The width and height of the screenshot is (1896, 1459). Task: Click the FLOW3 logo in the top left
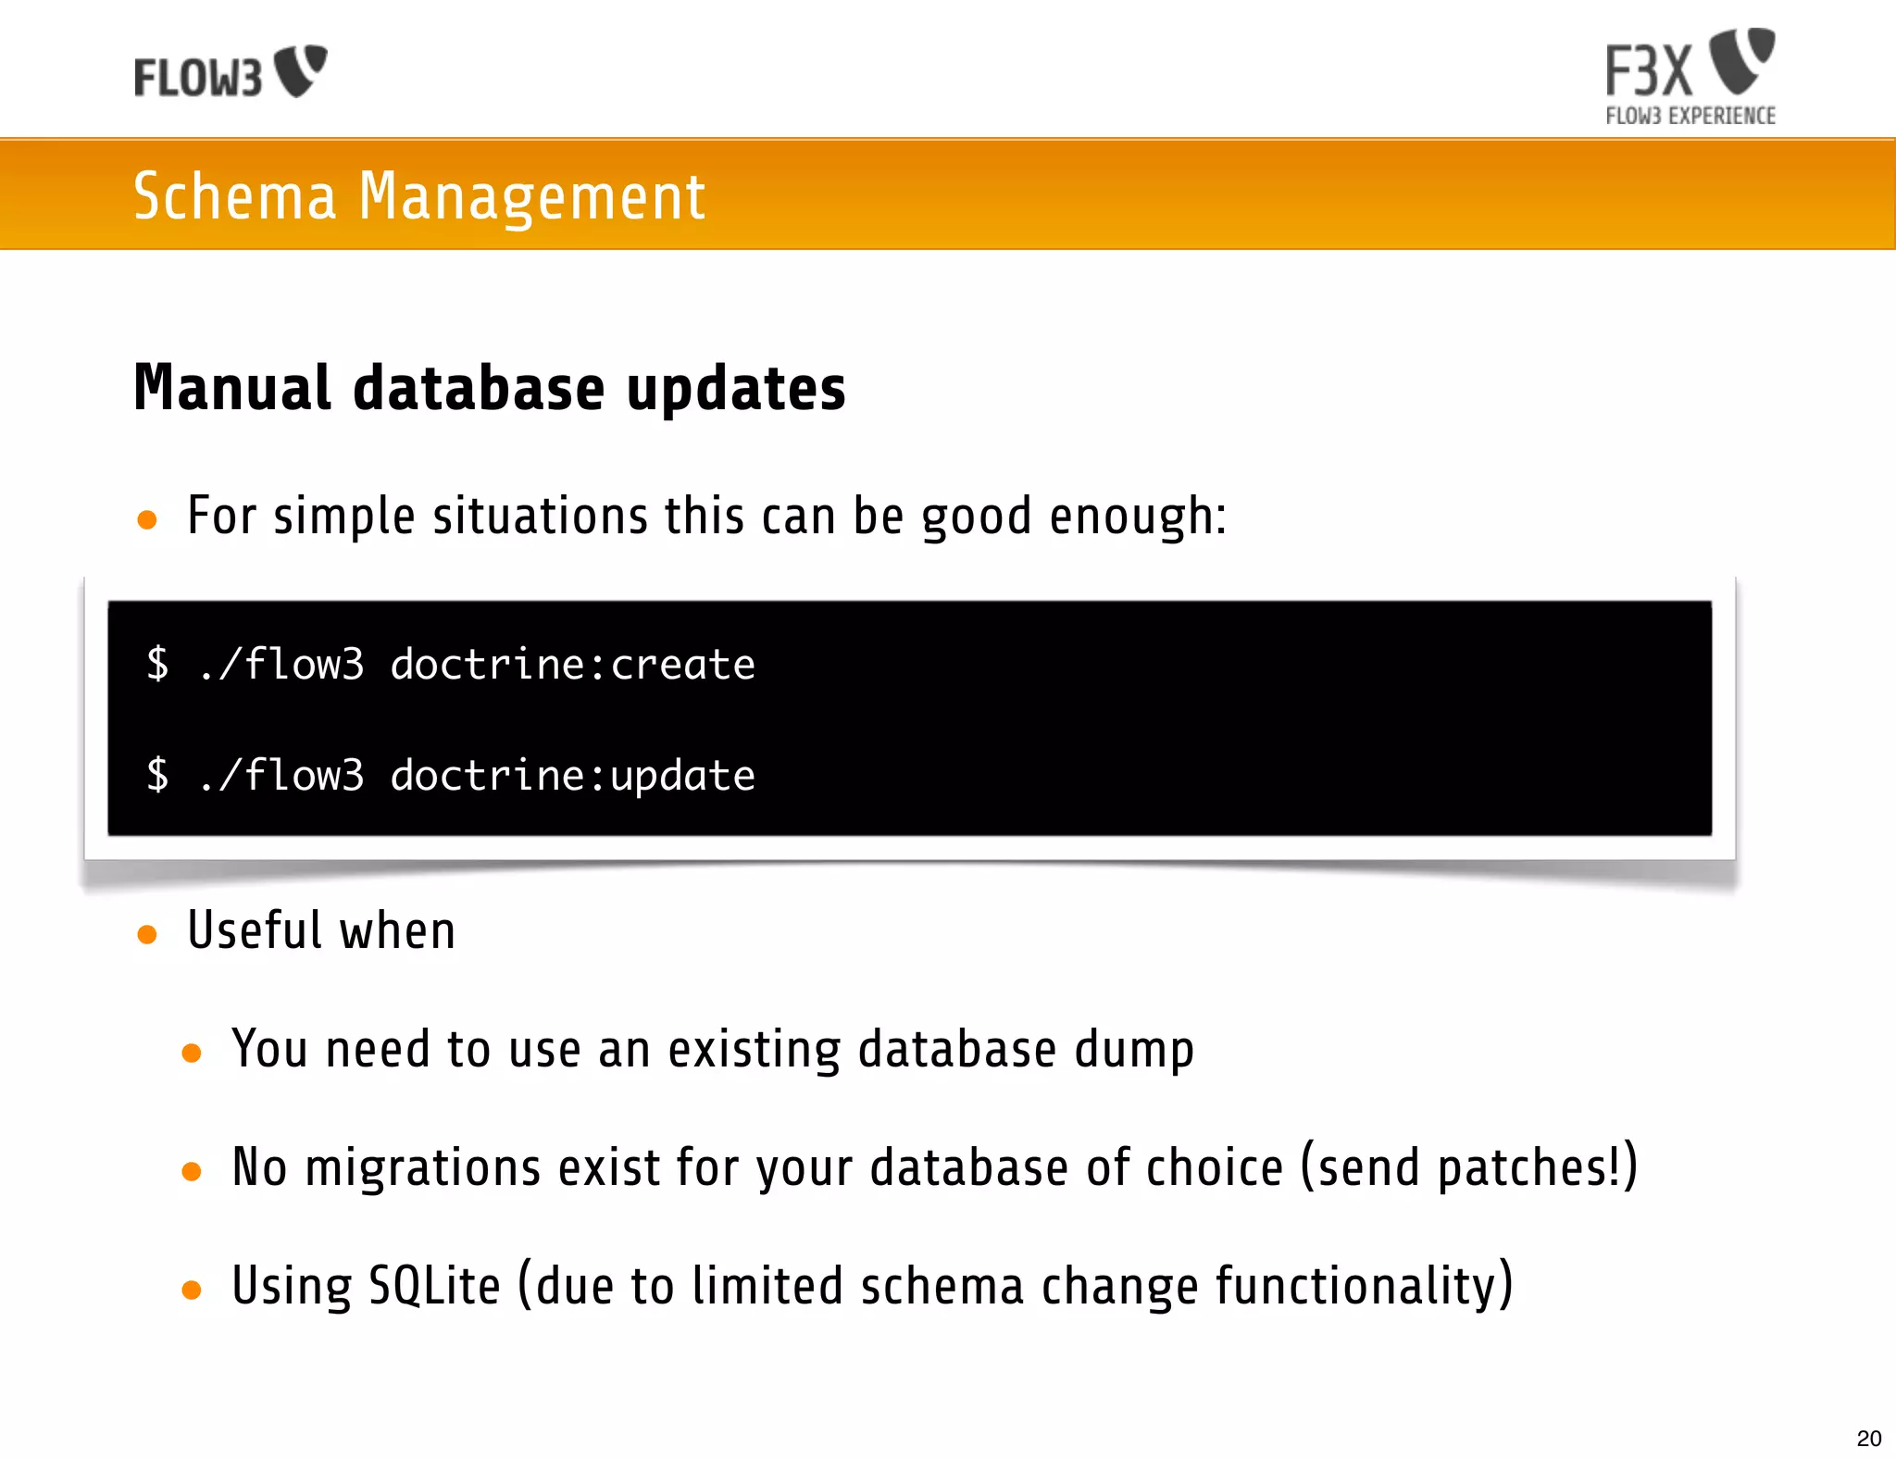[230, 72]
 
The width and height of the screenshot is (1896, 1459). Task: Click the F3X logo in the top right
[1690, 65]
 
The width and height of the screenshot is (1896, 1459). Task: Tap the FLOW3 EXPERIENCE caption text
[1690, 117]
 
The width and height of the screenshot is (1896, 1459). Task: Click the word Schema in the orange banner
[234, 197]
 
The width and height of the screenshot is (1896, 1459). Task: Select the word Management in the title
[531, 197]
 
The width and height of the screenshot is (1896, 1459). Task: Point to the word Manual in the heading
[232, 388]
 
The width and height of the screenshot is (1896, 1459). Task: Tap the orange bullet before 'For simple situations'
[146, 519]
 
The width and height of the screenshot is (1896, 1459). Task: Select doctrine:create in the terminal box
[572, 665]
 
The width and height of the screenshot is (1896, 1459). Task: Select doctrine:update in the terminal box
[572, 776]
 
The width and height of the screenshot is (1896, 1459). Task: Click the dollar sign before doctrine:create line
[158, 665]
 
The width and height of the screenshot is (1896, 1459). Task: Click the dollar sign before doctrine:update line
[158, 776]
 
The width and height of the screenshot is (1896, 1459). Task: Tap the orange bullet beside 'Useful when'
[146, 934]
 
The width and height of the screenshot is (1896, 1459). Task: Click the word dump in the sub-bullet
[1134, 1051]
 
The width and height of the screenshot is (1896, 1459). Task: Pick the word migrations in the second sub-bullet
[422, 1167]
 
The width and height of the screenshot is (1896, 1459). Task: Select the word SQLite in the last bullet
[434, 1286]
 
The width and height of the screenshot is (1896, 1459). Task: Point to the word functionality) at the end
[1364, 1286]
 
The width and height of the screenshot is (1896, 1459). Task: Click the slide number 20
[1869, 1439]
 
